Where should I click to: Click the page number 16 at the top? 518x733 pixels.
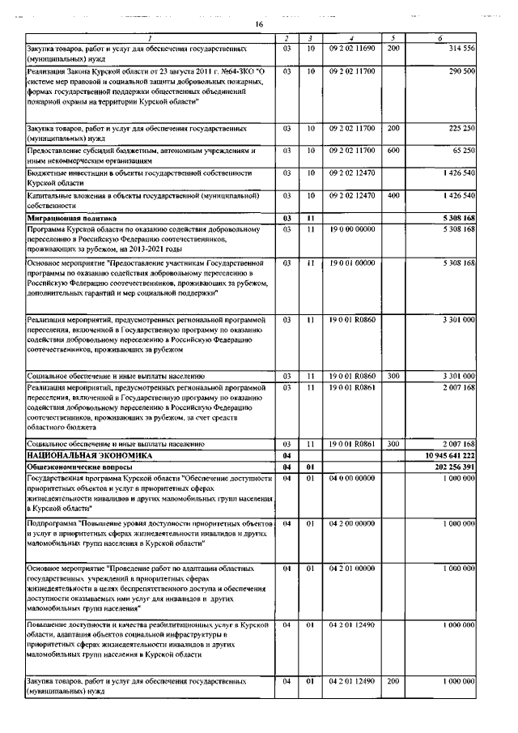pyautogui.click(x=259, y=24)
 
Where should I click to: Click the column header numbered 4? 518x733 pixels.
pyautogui.click(x=351, y=38)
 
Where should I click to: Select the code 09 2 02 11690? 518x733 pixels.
pyautogui.click(x=351, y=49)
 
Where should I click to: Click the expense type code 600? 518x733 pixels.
pyautogui.click(x=393, y=151)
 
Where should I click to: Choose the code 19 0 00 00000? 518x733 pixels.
pyautogui.click(x=351, y=229)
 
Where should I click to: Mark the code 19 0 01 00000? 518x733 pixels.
pyautogui.click(x=351, y=262)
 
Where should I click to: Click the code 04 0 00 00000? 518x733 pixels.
pyautogui.click(x=351, y=478)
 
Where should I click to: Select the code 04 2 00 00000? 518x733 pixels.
pyautogui.click(x=351, y=523)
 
